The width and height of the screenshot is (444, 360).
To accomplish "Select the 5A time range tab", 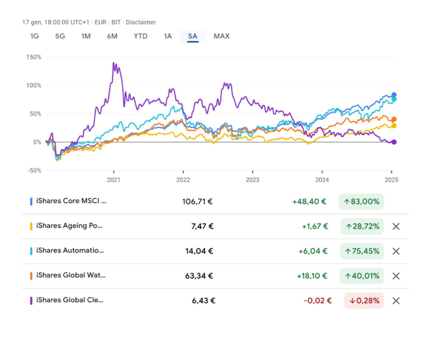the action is (x=192, y=36).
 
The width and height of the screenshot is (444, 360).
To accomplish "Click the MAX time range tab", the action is (x=222, y=36).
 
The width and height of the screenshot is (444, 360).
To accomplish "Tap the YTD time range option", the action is (x=141, y=36).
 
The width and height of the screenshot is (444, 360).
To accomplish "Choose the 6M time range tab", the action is (x=112, y=36).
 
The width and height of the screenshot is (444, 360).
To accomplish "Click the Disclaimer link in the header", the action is (x=141, y=22).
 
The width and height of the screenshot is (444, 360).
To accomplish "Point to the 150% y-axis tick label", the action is (x=34, y=57).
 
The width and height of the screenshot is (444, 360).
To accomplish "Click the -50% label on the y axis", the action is (x=34, y=171).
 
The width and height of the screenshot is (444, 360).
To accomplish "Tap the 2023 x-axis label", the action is (x=252, y=180).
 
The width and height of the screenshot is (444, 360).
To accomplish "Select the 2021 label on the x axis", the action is (x=113, y=180).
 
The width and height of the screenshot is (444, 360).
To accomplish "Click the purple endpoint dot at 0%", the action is (x=394, y=142).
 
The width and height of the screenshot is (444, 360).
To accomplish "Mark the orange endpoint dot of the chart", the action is (x=394, y=120).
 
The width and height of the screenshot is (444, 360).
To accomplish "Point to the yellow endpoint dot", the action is (x=394, y=126).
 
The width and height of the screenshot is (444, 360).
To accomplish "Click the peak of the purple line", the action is (x=113, y=62).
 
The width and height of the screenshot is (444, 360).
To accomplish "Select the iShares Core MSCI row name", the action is (x=72, y=201).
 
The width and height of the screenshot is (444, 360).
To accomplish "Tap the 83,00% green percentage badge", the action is (x=361, y=201).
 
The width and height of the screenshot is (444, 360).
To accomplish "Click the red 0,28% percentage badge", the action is (x=364, y=300).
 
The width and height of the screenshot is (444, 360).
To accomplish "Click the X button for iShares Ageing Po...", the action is (x=396, y=226).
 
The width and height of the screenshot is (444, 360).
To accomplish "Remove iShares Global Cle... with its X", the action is (x=396, y=300).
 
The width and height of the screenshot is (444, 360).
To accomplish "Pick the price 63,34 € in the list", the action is (x=199, y=276).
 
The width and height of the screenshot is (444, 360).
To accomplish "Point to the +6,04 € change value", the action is (x=313, y=252).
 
